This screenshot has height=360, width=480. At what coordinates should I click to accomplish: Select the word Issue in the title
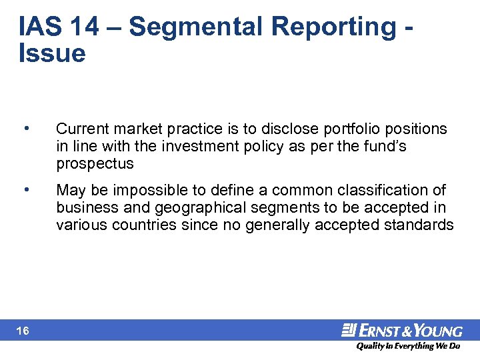(x=53, y=53)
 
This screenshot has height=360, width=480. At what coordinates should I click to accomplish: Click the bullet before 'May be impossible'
(x=26, y=190)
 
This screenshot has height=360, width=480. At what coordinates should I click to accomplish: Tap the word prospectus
(x=95, y=163)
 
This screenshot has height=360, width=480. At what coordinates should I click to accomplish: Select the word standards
(x=419, y=225)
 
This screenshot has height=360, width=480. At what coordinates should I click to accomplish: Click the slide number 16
(x=23, y=331)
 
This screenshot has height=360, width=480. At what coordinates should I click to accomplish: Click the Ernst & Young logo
(x=402, y=331)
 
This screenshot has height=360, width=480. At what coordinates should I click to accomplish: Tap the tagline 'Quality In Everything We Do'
(x=407, y=346)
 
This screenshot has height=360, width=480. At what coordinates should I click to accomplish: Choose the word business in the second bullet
(x=83, y=207)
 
